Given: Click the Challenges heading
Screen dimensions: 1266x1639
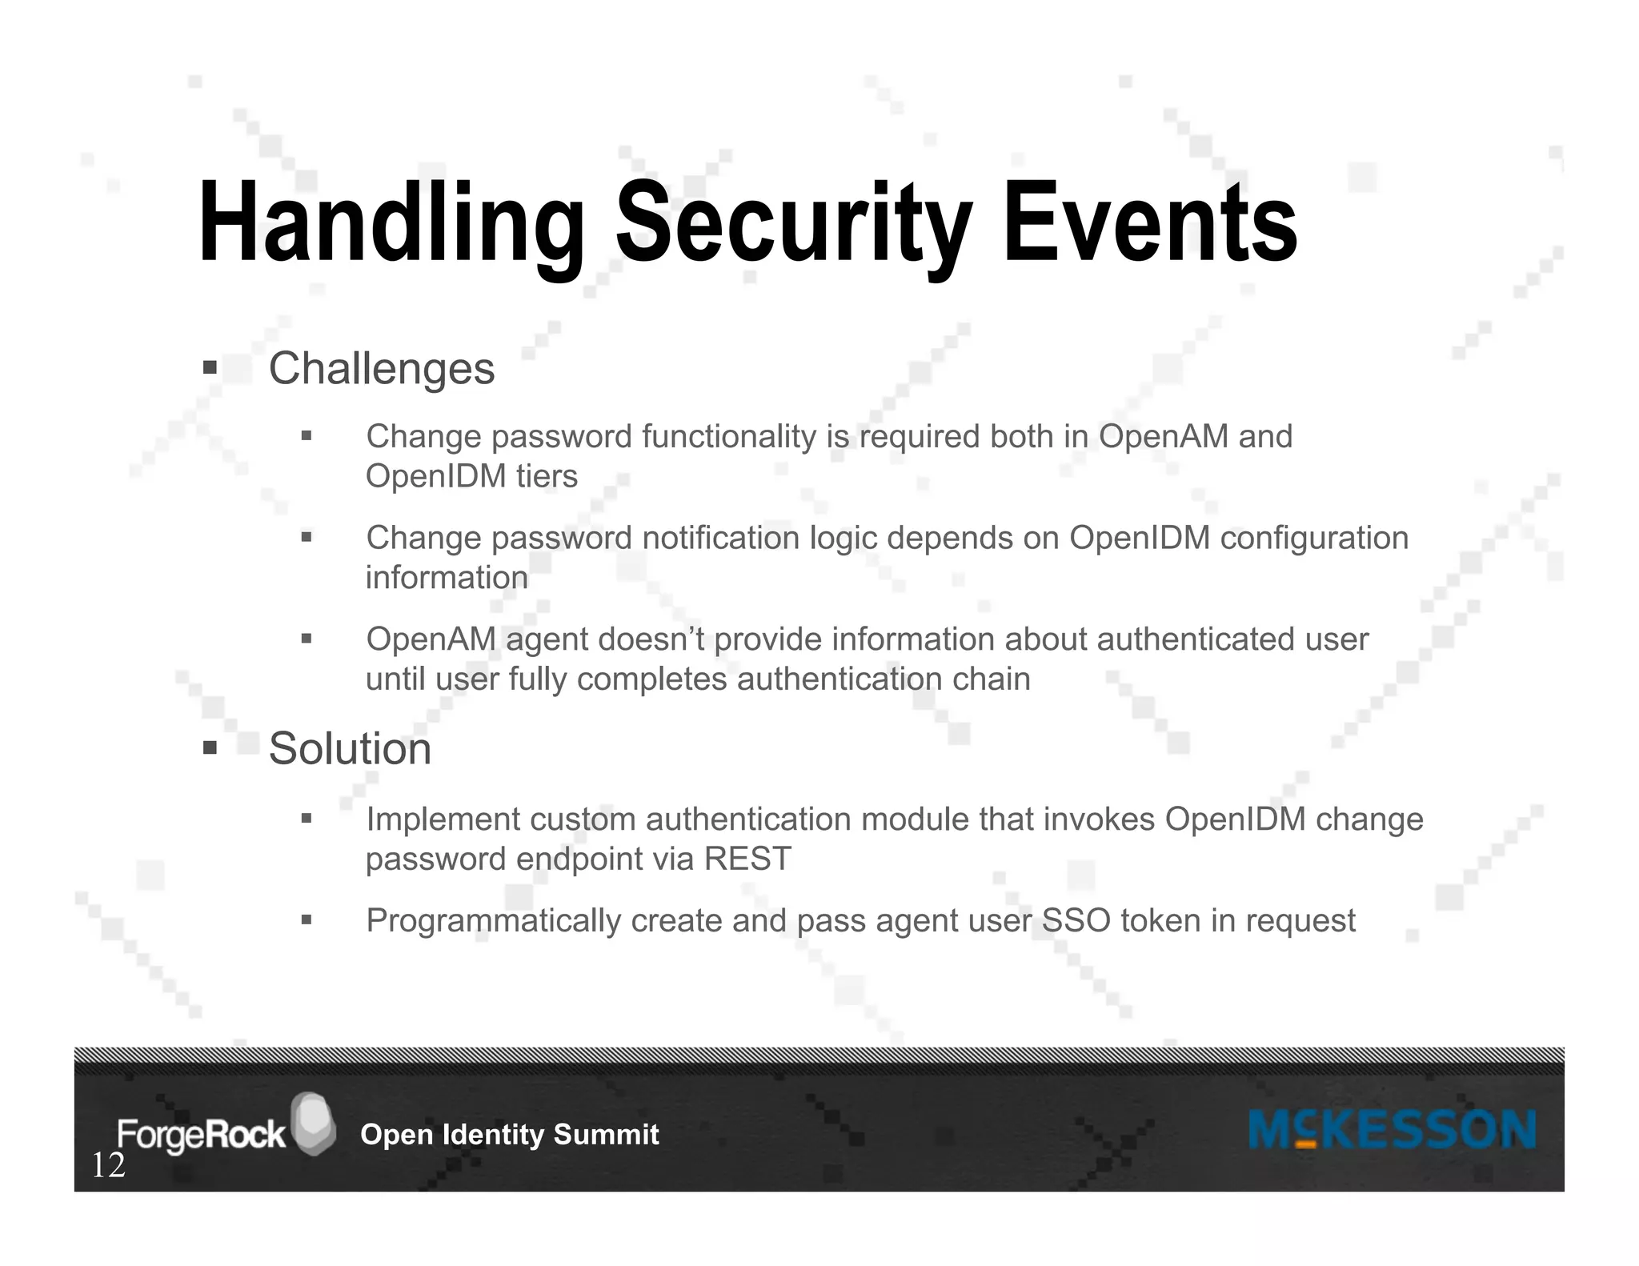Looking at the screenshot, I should (x=382, y=369).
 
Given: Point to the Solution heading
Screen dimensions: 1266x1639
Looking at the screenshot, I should (x=350, y=749).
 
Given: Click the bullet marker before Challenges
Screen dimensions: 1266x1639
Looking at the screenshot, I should (x=210, y=368).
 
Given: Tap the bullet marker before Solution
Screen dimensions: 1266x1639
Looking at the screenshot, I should (x=210, y=749).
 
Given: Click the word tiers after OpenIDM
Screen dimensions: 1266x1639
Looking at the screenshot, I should (x=547, y=477).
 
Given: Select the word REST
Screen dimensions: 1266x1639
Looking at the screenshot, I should (x=747, y=859).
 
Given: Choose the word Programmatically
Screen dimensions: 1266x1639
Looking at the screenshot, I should (x=493, y=921).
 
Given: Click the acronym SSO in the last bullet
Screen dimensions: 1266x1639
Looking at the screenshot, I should (x=1076, y=921).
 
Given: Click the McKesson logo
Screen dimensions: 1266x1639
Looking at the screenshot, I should (x=1392, y=1130).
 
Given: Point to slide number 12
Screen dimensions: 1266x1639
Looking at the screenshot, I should (x=109, y=1166).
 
